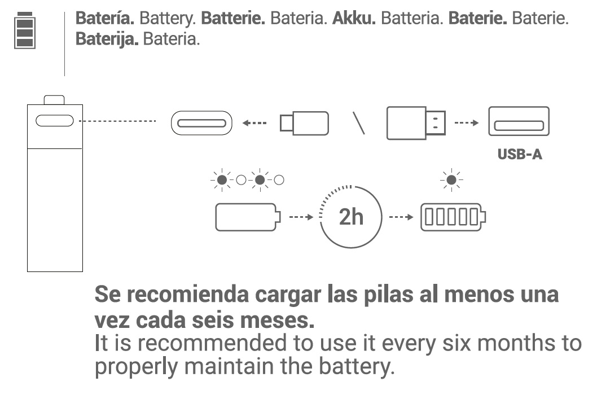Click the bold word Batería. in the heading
[105, 18]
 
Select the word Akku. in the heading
[354, 18]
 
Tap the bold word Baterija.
[107, 41]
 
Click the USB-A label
[520, 155]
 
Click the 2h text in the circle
[351, 216]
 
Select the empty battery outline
[247, 217]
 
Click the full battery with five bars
[453, 217]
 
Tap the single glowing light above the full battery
[451, 180]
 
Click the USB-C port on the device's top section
[54, 121]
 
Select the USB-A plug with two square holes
[416, 123]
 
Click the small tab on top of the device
[54, 100]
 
